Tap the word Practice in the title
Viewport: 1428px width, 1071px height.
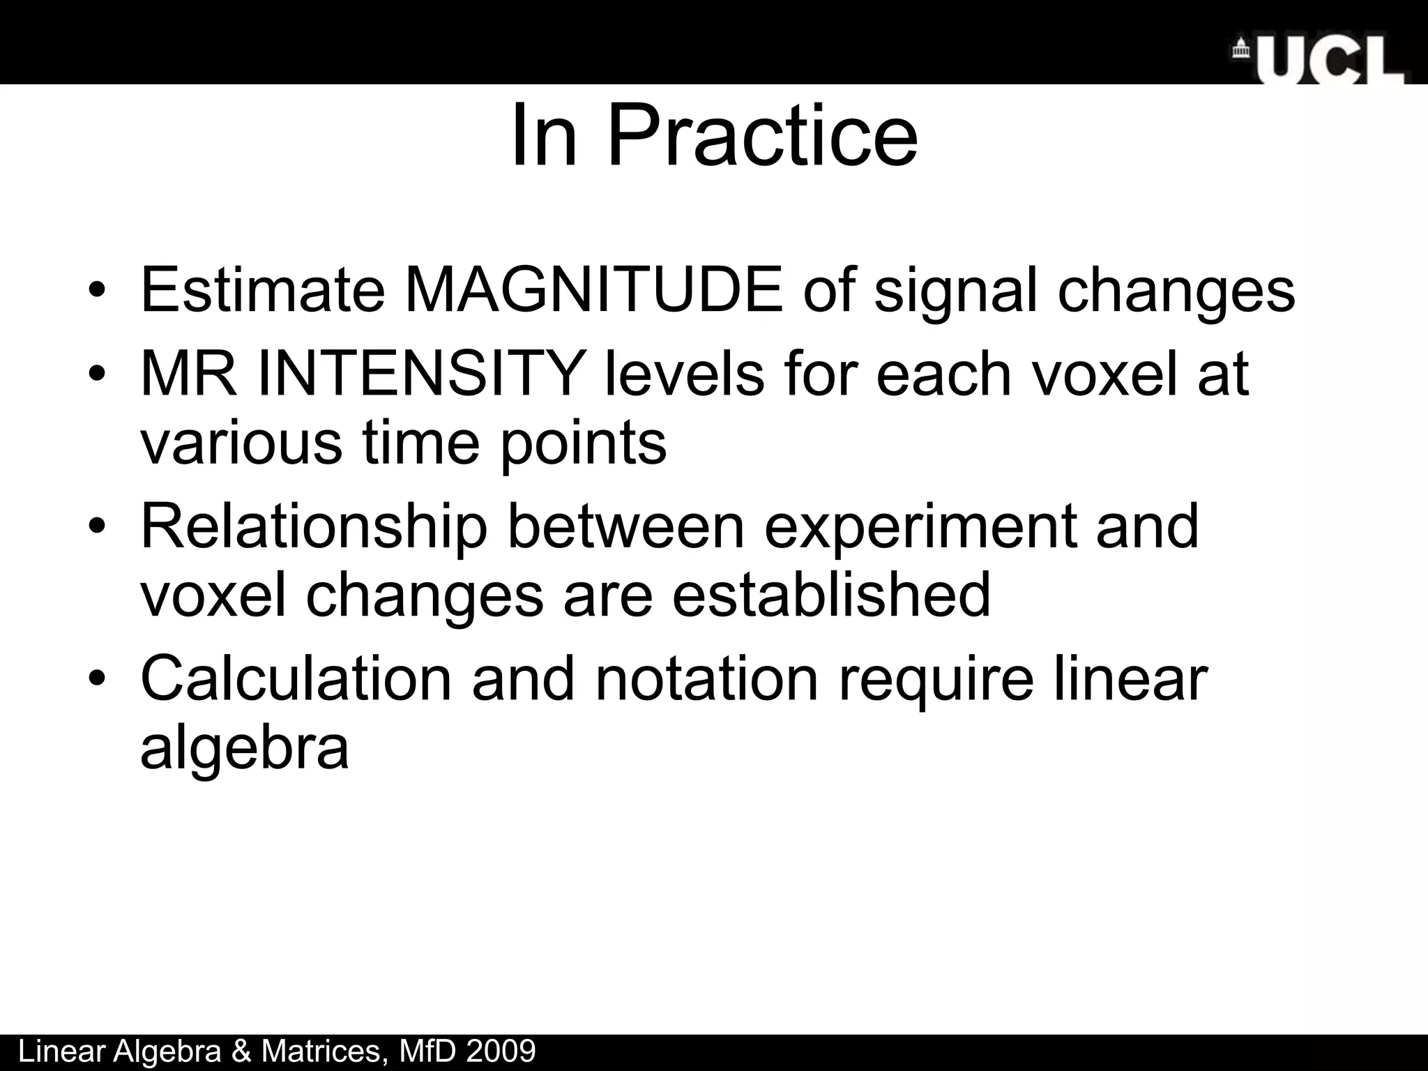click(763, 136)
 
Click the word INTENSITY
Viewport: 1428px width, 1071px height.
click(420, 374)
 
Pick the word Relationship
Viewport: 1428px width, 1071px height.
click(314, 526)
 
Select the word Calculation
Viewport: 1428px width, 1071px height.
click(296, 678)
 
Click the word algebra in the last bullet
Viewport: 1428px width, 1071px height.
click(244, 747)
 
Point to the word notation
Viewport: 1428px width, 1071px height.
click(706, 678)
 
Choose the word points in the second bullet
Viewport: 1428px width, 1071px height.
click(584, 443)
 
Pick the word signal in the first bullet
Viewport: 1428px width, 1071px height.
click(955, 290)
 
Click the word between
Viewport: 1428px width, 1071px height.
click(625, 526)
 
